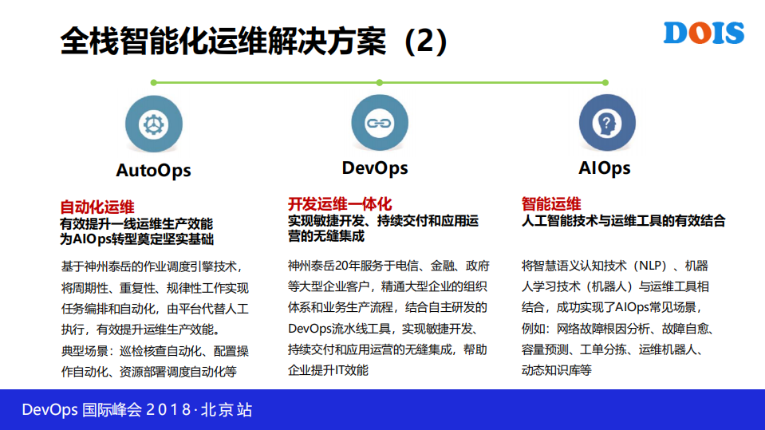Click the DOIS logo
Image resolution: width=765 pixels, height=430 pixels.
pos(704,34)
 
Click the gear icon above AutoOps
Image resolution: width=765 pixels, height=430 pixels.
pos(149,124)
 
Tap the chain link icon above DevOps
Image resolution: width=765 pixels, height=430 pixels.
pos(375,124)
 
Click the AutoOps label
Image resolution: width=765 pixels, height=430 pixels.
pos(153,170)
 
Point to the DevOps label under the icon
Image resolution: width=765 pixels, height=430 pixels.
pos(375,168)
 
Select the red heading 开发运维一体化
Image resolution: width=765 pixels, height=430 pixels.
pos(340,204)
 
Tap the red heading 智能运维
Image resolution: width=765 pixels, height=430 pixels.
pos(551,204)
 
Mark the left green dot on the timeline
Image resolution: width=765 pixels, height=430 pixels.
pos(153,81)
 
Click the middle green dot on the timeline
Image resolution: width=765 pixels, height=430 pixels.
pos(379,81)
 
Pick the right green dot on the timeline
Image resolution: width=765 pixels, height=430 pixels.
pos(605,81)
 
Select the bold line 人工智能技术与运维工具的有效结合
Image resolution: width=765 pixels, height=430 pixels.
pos(623,221)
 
